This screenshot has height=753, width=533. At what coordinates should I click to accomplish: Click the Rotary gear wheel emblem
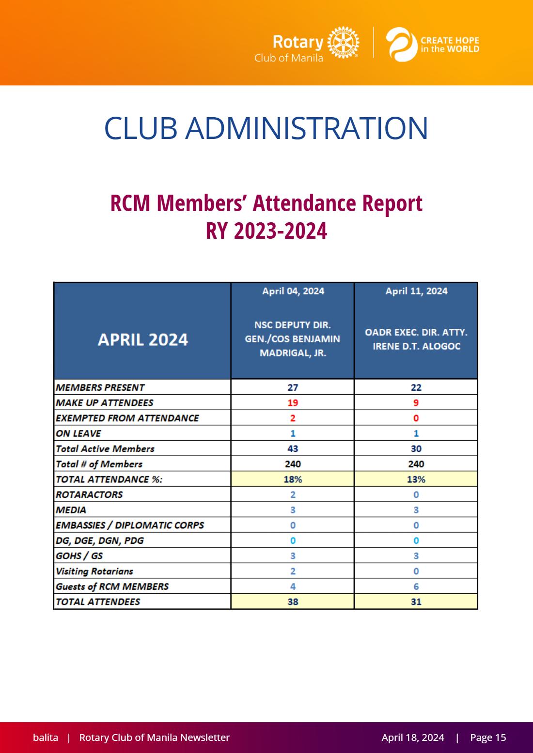(x=343, y=43)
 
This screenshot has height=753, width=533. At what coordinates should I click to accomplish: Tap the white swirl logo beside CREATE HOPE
(x=401, y=45)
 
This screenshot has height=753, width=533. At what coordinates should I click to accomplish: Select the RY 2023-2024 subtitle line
(x=266, y=231)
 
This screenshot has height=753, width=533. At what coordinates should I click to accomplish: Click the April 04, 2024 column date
(x=293, y=291)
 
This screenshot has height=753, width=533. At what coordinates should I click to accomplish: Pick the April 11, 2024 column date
(x=416, y=291)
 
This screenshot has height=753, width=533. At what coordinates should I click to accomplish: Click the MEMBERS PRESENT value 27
(x=293, y=387)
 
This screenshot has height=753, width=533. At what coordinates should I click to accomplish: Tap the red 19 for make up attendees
(x=293, y=402)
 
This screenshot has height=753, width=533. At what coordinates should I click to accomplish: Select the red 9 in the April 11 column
(x=416, y=402)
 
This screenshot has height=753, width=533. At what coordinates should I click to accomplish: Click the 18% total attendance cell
(x=293, y=479)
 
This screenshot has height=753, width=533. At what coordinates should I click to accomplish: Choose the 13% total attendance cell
(x=416, y=479)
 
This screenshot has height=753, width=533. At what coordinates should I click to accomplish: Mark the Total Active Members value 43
(x=293, y=448)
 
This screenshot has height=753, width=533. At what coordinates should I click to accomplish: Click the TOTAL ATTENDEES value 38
(x=293, y=601)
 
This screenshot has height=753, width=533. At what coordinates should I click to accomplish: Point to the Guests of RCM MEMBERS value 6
(x=416, y=586)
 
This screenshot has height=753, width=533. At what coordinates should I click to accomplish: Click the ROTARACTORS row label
(x=89, y=494)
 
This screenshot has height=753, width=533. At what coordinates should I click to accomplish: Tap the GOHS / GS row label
(x=79, y=556)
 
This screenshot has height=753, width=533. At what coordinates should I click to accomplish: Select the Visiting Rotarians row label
(x=94, y=571)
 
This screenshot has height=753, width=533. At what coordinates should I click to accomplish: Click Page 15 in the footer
(x=488, y=737)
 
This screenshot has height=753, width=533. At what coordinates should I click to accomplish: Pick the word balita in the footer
(x=46, y=737)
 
